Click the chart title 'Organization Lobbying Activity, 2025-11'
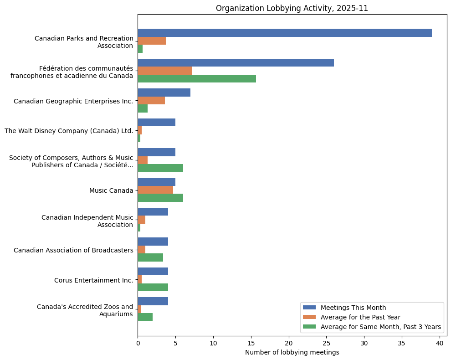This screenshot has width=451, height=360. click(292, 8)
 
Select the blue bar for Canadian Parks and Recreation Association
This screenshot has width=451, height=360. click(285, 33)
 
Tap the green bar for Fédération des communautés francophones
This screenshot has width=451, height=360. click(197, 78)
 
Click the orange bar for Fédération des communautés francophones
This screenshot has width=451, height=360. click(165, 71)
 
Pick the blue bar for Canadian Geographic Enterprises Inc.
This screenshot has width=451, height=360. click(164, 93)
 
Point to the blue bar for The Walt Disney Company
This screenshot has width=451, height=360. click(156, 123)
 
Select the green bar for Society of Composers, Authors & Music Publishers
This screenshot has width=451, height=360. click(160, 168)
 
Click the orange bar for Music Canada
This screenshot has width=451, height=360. click(155, 190)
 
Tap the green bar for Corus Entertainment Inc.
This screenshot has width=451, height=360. click(153, 287)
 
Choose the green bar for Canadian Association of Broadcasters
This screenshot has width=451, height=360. click(150, 257)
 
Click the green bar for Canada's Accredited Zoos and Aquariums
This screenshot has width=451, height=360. click(145, 317)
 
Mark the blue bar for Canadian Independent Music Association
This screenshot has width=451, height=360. click(153, 212)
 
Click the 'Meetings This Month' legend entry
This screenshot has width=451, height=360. click(353, 307)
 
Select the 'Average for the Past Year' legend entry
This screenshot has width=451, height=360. click(360, 317)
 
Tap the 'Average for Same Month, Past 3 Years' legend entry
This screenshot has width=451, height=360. click(380, 326)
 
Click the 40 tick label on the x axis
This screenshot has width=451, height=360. click(439, 342)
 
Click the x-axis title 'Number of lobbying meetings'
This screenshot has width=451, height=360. click(292, 352)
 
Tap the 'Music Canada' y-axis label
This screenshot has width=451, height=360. click(111, 190)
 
